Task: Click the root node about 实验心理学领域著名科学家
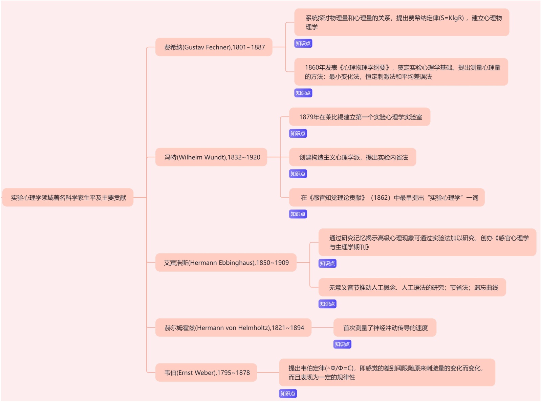(68, 198)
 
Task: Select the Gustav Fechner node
(214, 47)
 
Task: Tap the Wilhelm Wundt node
(212, 157)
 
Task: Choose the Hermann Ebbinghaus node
(226, 263)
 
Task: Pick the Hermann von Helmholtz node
(234, 328)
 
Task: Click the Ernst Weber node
(207, 373)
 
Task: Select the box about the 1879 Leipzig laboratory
(360, 117)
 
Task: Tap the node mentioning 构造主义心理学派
(353, 157)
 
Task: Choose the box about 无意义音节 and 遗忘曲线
(413, 288)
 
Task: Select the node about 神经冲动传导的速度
(385, 328)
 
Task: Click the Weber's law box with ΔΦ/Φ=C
(387, 373)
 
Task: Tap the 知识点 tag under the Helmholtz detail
(342, 344)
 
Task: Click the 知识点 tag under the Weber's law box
(288, 394)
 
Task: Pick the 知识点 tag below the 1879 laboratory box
(298, 133)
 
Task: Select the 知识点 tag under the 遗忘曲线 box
(327, 304)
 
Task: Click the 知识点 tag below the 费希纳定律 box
(303, 43)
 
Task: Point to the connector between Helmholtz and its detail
(322, 328)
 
